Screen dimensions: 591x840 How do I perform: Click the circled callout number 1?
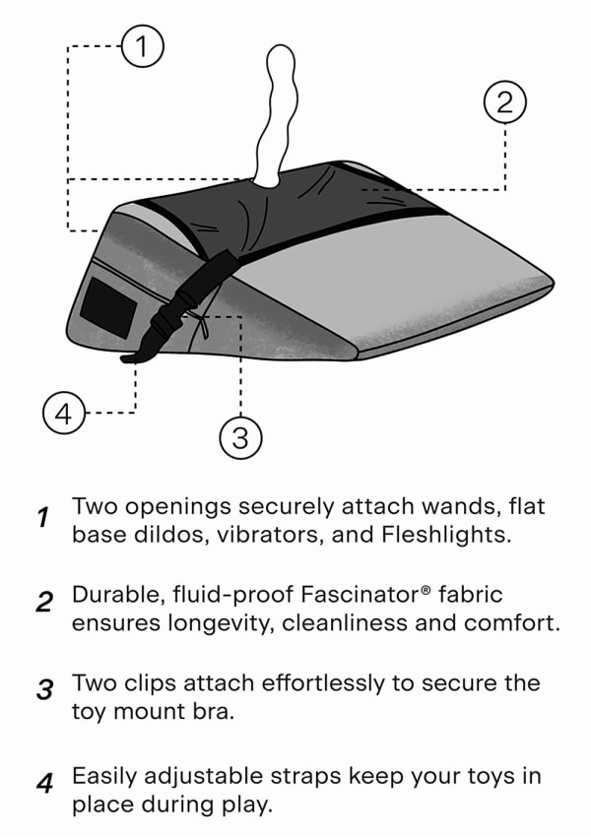click(x=142, y=46)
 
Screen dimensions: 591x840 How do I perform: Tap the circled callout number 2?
click(x=504, y=101)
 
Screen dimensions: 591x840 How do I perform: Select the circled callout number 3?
click(x=240, y=437)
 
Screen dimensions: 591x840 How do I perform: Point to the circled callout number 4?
click(x=64, y=413)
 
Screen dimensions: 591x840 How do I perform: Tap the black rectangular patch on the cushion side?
click(x=107, y=308)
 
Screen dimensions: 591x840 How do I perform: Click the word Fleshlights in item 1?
click(x=446, y=535)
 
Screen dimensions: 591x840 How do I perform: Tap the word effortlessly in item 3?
click(x=322, y=683)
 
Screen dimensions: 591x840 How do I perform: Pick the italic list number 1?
click(x=43, y=517)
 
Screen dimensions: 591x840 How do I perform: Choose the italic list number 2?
click(x=44, y=602)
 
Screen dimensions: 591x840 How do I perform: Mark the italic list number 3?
click(x=45, y=689)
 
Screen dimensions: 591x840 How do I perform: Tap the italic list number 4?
click(x=45, y=783)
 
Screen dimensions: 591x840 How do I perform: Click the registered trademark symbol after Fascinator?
click(x=426, y=590)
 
